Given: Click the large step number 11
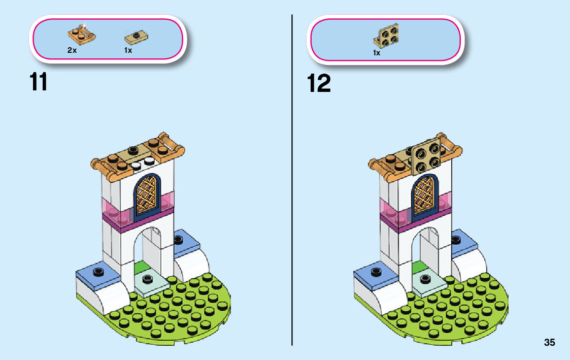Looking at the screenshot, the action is pos(39,82).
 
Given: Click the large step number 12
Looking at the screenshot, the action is pos(319,83).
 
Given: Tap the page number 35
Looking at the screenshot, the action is pos(549,343).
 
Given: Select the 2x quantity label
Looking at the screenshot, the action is pos(72,51).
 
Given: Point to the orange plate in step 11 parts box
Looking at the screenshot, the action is pos(81,35).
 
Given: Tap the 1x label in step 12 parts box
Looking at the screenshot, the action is pos(377,53).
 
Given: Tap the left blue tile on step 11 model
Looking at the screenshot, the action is pos(96,273).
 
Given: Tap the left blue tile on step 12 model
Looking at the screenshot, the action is pos(375,273).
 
